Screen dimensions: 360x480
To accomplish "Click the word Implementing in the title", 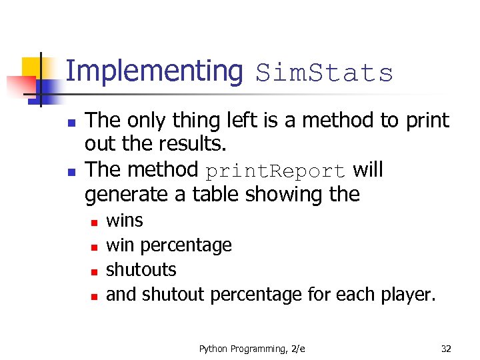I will pos(155,71).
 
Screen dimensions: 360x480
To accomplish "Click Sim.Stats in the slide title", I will pos(325,73).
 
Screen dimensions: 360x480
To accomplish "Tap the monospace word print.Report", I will pos(275,171).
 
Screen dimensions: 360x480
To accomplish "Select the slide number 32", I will pos(446,348).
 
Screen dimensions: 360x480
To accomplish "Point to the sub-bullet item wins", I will pos(125,221).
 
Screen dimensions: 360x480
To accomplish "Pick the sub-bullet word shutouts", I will pos(141,269).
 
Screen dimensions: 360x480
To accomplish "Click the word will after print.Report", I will pos(367,169).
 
